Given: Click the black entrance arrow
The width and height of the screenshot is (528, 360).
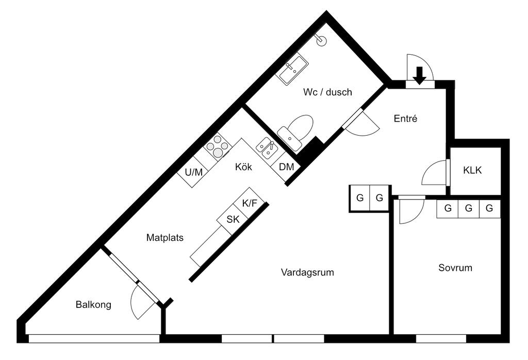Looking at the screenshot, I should [420, 75].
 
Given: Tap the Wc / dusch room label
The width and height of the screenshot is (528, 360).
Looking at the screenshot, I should [327, 92].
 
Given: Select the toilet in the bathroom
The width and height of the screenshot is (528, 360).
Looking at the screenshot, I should [296, 132].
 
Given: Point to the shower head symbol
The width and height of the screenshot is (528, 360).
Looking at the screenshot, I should [322, 40].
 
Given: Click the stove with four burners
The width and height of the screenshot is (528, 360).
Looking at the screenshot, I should [217, 145].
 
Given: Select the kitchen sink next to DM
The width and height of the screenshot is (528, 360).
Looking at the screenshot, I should [268, 149].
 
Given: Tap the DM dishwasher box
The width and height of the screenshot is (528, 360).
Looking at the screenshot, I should [287, 167].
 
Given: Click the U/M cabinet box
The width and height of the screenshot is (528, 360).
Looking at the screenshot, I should [193, 172].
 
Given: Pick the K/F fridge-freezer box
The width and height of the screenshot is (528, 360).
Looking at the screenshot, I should [250, 203].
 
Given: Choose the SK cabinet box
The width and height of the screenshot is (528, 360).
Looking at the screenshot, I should [233, 219].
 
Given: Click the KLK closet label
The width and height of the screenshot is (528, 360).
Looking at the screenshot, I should [472, 171].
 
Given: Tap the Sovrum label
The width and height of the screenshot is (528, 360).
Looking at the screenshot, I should [455, 268].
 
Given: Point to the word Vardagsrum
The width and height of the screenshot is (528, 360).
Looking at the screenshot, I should [307, 272].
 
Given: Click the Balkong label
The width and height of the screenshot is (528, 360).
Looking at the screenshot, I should [93, 304].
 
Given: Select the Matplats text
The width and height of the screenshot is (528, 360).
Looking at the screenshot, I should [164, 238].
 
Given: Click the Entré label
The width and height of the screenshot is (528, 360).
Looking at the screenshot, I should [405, 119].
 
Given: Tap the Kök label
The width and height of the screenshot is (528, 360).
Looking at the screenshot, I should [243, 167].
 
